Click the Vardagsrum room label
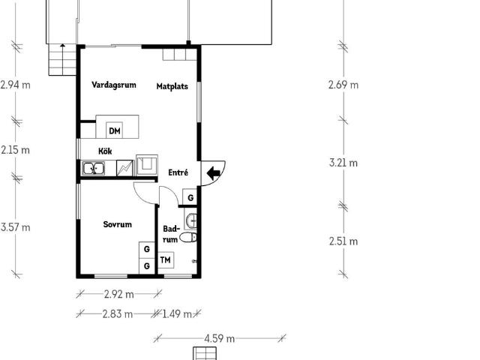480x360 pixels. (114, 85)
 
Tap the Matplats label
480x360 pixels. (172, 86)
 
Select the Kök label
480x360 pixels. (105, 151)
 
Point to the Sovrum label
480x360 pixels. (118, 224)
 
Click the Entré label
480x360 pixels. (178, 172)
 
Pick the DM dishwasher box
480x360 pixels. (115, 130)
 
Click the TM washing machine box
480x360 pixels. (166, 260)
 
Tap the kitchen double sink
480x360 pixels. (94, 169)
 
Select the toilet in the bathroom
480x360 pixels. (188, 237)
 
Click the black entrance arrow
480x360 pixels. (213, 173)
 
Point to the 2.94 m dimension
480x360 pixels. (15, 85)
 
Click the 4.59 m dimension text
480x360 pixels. (220, 338)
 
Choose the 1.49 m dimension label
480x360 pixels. (177, 313)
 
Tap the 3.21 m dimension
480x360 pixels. (343, 163)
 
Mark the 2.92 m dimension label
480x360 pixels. (119, 295)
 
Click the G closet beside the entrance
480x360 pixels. (190, 197)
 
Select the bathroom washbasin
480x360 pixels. (191, 220)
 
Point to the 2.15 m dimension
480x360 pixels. (15, 150)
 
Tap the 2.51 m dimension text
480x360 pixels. (343, 241)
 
